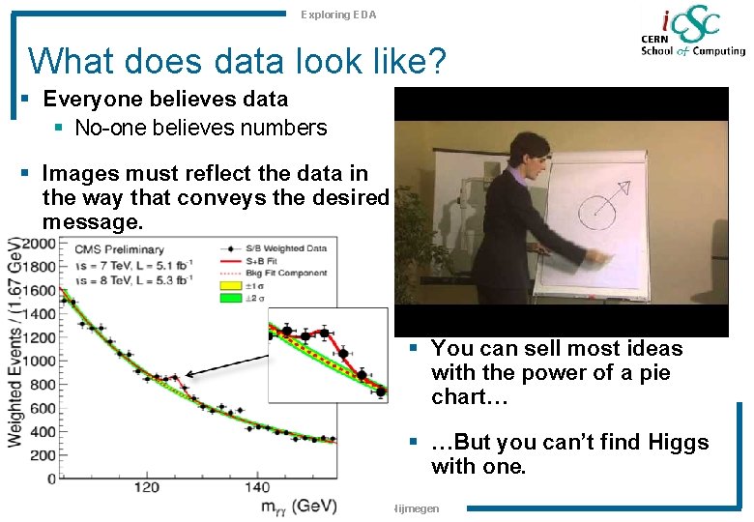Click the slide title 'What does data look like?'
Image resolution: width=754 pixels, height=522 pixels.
[x=237, y=61]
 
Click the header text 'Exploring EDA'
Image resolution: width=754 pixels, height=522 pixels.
[x=338, y=14]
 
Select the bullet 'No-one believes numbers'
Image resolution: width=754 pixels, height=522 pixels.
[x=201, y=127]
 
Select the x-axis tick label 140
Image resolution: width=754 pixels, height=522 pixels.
[x=258, y=487]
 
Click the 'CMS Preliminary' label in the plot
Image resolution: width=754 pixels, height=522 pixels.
[x=113, y=248]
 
